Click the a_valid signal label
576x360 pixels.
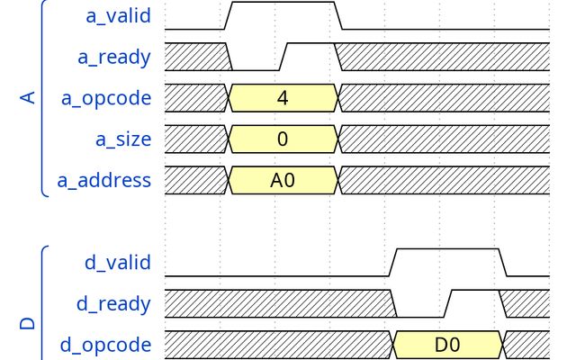[x=118, y=16]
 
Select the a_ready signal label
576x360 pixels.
[x=114, y=58]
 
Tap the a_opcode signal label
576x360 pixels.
[x=106, y=98]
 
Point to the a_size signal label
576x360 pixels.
[x=123, y=139]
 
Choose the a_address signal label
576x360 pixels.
[x=104, y=180]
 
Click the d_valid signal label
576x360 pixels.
[x=118, y=263]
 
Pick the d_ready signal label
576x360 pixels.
[x=114, y=304]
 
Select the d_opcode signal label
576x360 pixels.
[x=106, y=345]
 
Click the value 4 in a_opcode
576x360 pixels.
[x=283, y=98]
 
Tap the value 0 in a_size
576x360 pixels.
[x=283, y=139]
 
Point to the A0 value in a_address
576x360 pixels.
[x=283, y=180]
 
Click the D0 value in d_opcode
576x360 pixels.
[x=447, y=345]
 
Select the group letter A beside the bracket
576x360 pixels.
[x=28, y=98]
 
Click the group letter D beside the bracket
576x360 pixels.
[x=28, y=323]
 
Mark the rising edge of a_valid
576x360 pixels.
[x=228, y=15]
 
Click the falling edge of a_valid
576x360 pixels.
[x=338, y=15]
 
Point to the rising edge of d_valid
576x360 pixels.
[x=392, y=262]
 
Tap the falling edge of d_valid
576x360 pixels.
[x=502, y=262]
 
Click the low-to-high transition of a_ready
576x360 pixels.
[x=283, y=57]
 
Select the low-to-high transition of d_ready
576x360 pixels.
[x=448, y=303]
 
